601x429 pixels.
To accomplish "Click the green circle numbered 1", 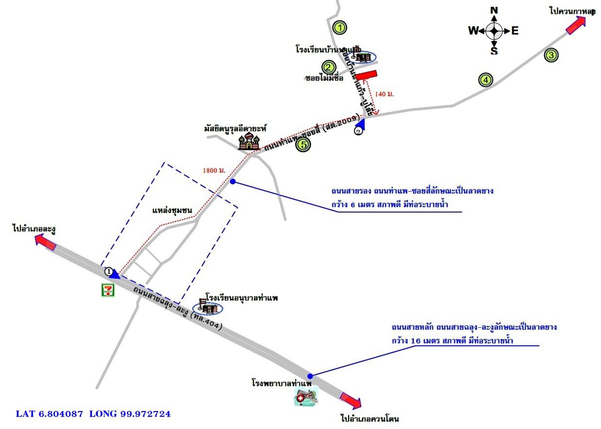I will click(x=340, y=27).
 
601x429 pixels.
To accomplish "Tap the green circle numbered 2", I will click(x=328, y=67).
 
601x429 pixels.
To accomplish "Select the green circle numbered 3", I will click(x=551, y=55).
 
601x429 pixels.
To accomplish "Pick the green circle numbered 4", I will click(x=485, y=79).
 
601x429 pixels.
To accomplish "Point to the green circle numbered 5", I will click(x=303, y=145).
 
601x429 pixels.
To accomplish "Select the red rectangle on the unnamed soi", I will click(x=366, y=75).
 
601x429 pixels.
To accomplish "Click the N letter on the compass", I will click(x=494, y=10).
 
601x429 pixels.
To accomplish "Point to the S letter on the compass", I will click(x=494, y=51).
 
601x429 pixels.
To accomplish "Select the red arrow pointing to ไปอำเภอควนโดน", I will click(x=351, y=400).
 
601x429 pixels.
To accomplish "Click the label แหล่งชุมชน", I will click(x=172, y=211).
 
